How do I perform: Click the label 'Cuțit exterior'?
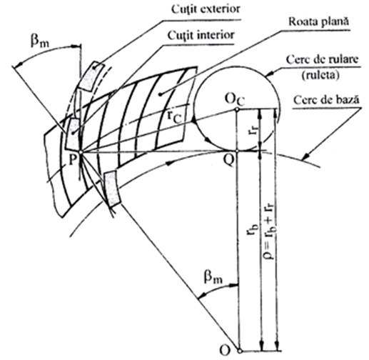(206, 9)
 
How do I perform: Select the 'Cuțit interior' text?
(201, 35)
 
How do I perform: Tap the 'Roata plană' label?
(318, 21)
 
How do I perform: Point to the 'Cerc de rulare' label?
(322, 59)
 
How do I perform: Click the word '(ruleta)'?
(320, 75)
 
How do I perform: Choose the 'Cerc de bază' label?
(326, 100)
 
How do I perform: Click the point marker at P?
(81, 152)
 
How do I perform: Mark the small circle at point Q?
(237, 151)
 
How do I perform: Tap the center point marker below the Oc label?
(237, 109)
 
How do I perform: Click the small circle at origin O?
(240, 351)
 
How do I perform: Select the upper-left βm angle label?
(39, 41)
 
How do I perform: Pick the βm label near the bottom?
(213, 276)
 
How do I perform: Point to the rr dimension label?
(253, 128)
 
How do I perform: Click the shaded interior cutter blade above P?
(73, 134)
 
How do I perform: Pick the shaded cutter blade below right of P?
(112, 189)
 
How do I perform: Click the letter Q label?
(229, 161)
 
